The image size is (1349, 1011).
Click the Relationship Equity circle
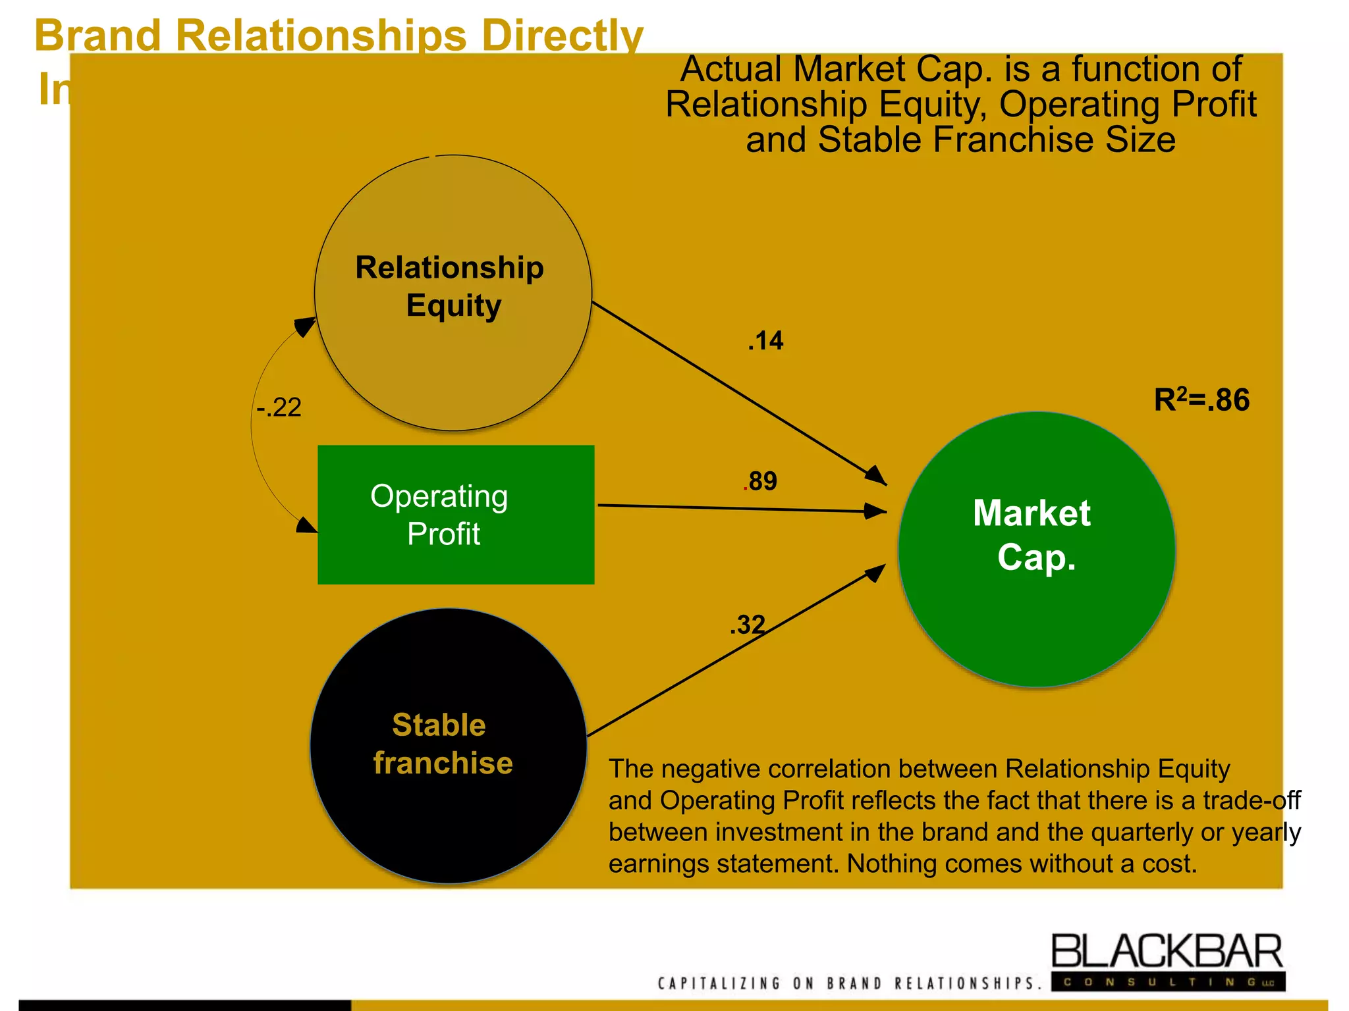pos(453,293)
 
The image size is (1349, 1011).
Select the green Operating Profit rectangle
pos(456,515)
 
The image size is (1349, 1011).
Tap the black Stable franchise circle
pos(449,745)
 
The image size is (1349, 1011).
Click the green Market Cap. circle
pos(1036,550)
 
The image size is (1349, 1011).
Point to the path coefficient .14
pos(765,341)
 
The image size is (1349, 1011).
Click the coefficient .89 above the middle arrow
pos(761,481)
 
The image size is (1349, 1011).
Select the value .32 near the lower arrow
pos(748,625)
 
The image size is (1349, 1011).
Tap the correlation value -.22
pos(279,407)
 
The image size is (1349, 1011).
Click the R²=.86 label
pos(1201,400)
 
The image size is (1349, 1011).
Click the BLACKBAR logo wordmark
pos(1167,952)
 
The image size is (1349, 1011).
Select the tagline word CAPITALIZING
pos(718,983)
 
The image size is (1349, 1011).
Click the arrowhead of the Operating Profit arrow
pos(876,511)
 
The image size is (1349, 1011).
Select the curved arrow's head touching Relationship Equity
pos(306,326)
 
